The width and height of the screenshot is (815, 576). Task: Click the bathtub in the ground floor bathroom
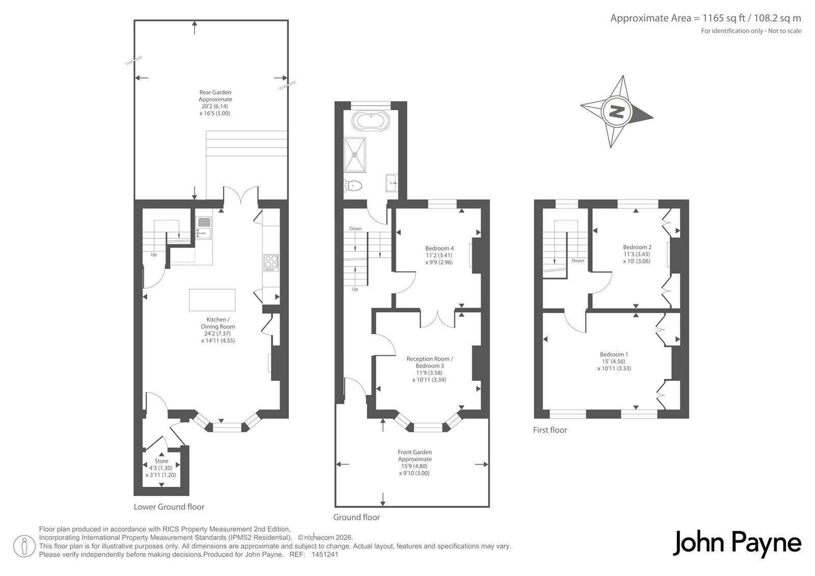371,120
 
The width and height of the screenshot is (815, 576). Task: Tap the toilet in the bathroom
352,186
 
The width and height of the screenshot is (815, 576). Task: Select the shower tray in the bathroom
355,154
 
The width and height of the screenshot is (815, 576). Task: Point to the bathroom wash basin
392,183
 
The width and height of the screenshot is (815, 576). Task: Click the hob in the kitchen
271,263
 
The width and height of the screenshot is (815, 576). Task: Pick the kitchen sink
204,228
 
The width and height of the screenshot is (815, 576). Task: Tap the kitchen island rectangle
212,300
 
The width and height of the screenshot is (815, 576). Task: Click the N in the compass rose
616,112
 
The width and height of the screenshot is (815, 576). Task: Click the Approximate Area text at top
705,18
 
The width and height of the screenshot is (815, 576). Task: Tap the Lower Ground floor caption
169,507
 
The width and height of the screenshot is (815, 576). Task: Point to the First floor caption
550,430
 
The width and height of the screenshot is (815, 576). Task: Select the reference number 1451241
325,555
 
